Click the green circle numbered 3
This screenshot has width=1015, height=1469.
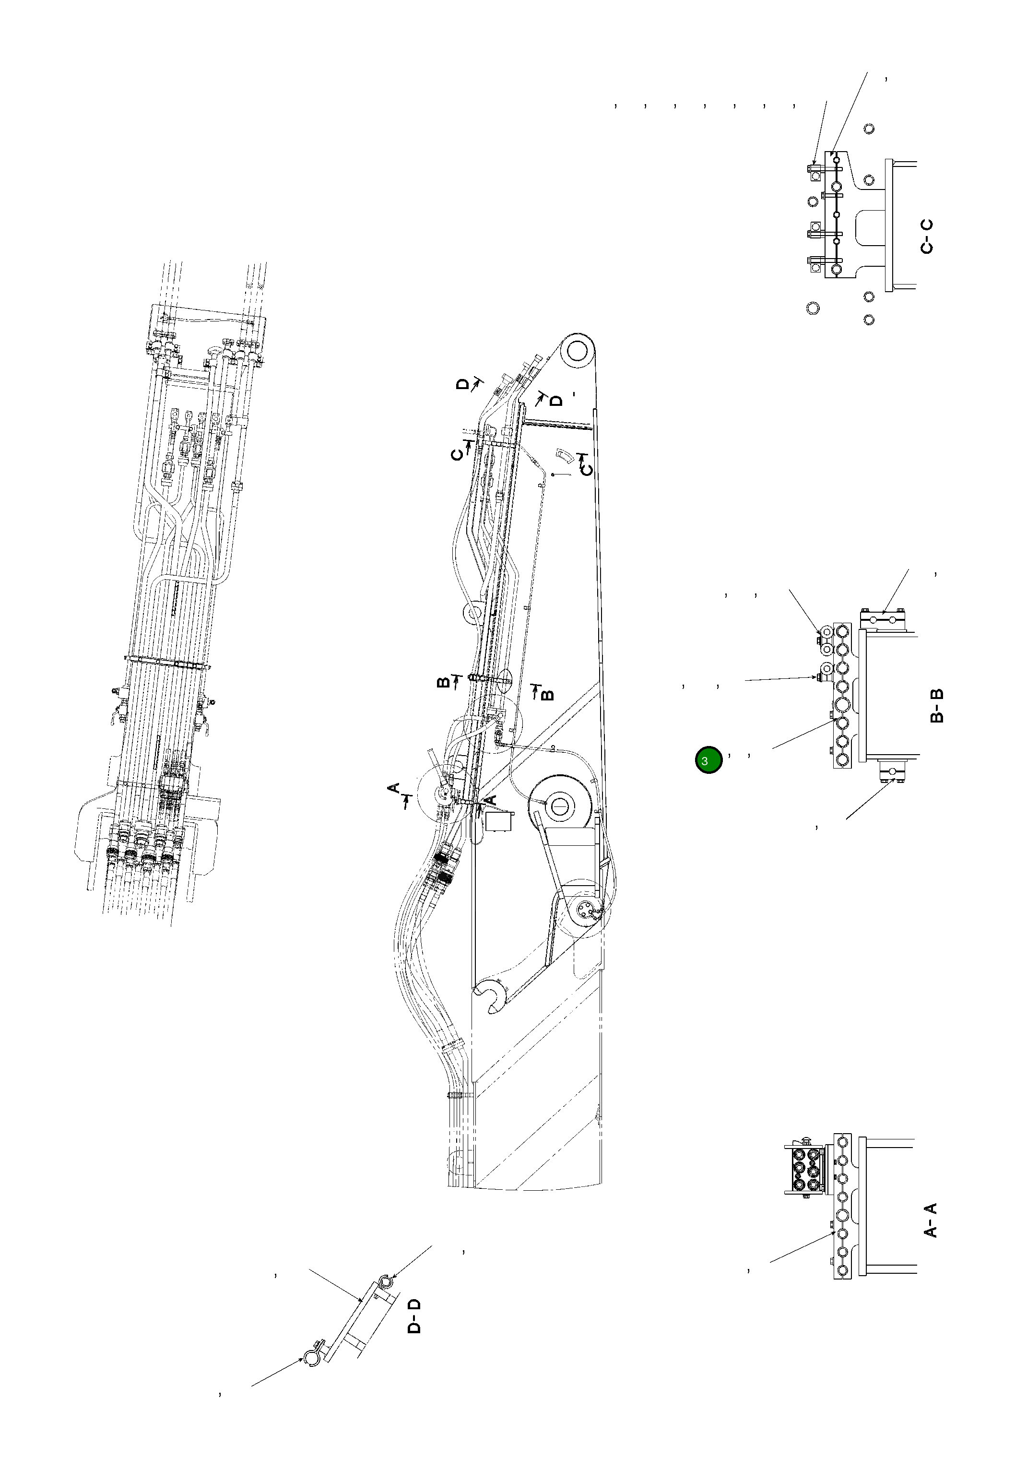pyautogui.click(x=708, y=760)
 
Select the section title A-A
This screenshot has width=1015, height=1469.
pyautogui.click(x=930, y=1220)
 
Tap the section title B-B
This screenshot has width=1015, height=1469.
pyautogui.click(x=937, y=705)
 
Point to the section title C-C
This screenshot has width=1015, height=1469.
pyautogui.click(x=927, y=237)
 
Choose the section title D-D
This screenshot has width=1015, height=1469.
pyautogui.click(x=414, y=1316)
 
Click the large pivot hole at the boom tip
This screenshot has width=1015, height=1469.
pyautogui.click(x=576, y=350)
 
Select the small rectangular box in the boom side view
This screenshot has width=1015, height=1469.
pyautogui.click(x=500, y=820)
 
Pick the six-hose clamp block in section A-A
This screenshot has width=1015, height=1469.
pyautogui.click(x=804, y=1168)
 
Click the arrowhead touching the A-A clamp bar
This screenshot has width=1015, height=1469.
pyautogui.click(x=835, y=1232)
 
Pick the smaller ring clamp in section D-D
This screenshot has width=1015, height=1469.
pyautogui.click(x=385, y=1280)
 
